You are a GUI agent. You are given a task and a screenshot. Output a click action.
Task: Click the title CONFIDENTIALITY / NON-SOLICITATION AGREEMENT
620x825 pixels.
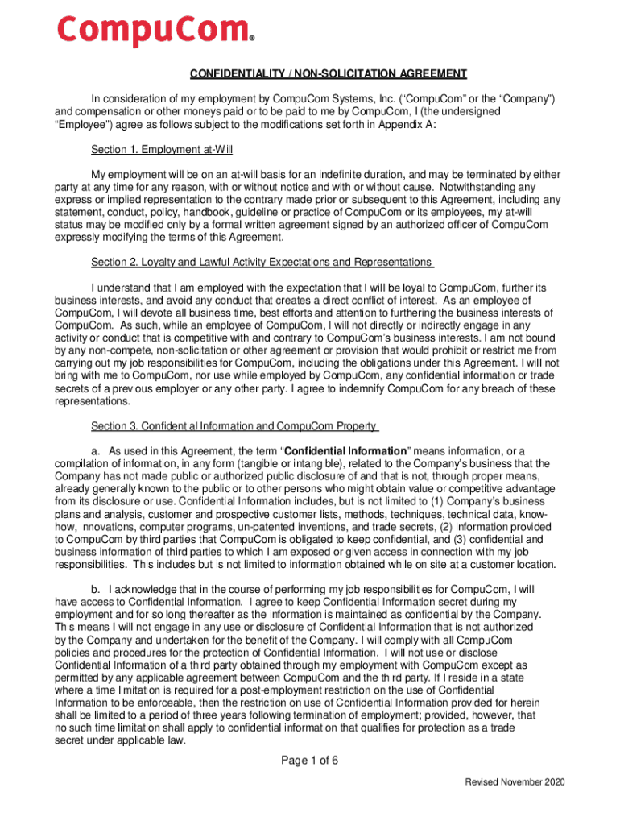(329, 74)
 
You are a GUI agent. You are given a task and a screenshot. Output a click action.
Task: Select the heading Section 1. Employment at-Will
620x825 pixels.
(162, 150)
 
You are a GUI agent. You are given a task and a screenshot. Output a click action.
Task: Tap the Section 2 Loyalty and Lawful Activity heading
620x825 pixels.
(261, 263)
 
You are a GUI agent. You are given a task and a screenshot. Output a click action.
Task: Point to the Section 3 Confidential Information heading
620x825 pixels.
(234, 426)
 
